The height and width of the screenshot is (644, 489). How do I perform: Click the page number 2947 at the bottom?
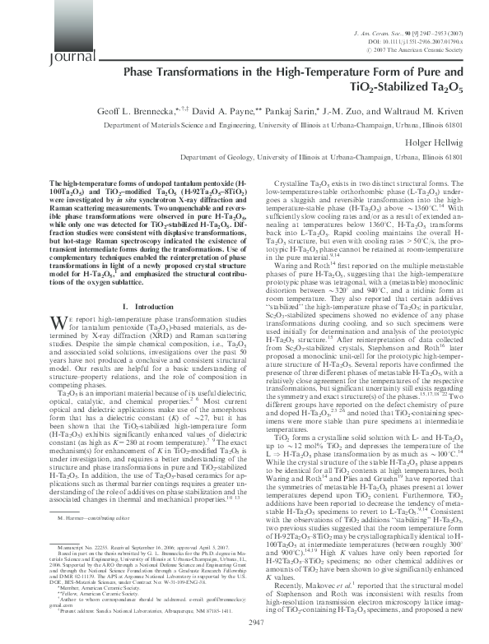tap(244, 625)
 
